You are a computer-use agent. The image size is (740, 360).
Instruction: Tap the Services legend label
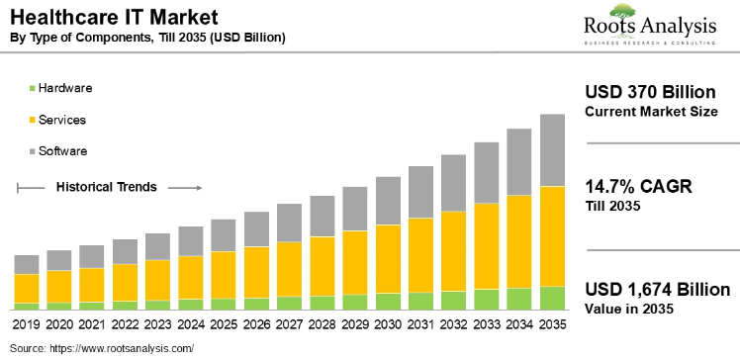tap(62, 120)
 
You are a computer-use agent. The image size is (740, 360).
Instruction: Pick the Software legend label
tap(63, 151)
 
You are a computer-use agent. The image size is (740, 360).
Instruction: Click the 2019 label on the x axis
tap(27, 323)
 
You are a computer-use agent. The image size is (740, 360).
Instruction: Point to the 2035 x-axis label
tap(552, 323)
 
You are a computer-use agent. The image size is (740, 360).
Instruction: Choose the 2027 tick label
tap(289, 323)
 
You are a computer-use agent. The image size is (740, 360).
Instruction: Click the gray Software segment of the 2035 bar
tap(552, 149)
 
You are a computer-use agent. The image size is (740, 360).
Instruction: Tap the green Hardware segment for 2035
tap(552, 298)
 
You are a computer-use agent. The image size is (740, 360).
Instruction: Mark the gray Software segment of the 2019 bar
tap(27, 264)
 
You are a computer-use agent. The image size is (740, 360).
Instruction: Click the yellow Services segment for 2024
tap(191, 277)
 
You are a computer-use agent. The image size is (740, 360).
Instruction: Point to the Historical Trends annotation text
tap(112, 186)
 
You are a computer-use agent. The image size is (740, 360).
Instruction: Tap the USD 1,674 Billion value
tap(657, 289)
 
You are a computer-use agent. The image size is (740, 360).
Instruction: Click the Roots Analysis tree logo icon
tap(622, 13)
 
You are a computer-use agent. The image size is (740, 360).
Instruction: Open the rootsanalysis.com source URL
tap(121, 348)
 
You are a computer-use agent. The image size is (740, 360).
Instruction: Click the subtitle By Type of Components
tap(148, 38)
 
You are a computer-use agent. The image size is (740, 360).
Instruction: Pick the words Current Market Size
tap(651, 112)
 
